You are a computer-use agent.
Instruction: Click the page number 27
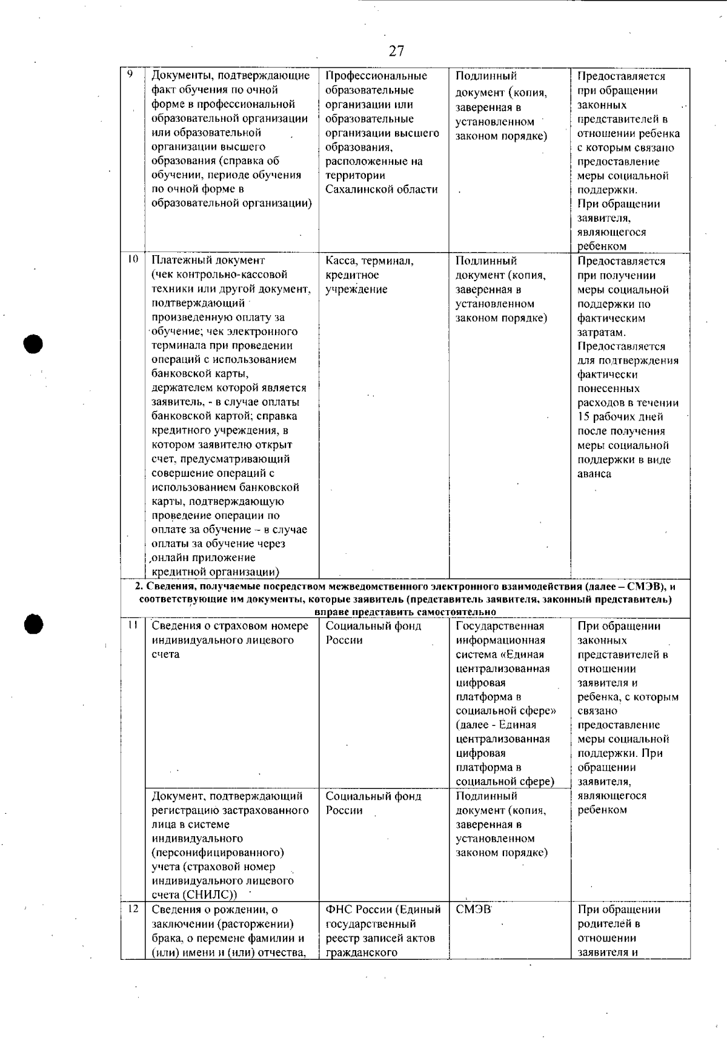click(396, 51)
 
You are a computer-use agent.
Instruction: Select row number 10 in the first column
click(132, 259)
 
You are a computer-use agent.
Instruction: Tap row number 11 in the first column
click(132, 625)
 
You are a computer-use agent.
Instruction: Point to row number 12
click(133, 908)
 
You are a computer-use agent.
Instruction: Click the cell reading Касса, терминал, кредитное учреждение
click(370, 275)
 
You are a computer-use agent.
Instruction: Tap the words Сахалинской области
click(381, 190)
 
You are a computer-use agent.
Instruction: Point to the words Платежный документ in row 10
click(208, 261)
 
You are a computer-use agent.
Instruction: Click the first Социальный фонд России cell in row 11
click(373, 633)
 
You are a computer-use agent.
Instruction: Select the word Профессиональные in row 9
click(376, 76)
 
